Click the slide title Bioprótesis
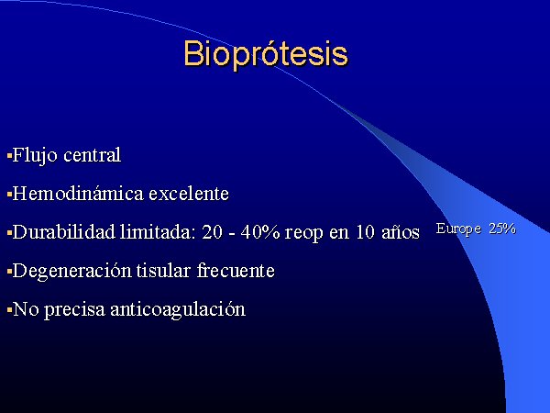point(266,54)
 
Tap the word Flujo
point(35,156)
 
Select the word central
point(93,155)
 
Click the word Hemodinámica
point(78,193)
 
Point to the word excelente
point(189,194)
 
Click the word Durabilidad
point(64,232)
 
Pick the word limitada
point(158,232)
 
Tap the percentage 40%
point(260,232)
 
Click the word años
point(401,233)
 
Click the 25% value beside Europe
point(502,229)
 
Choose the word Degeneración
point(71,272)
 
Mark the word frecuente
point(236,271)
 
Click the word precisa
point(74,310)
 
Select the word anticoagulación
point(178,310)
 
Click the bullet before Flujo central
point(9,155)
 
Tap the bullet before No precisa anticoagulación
point(9,310)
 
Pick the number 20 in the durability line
point(213,232)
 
